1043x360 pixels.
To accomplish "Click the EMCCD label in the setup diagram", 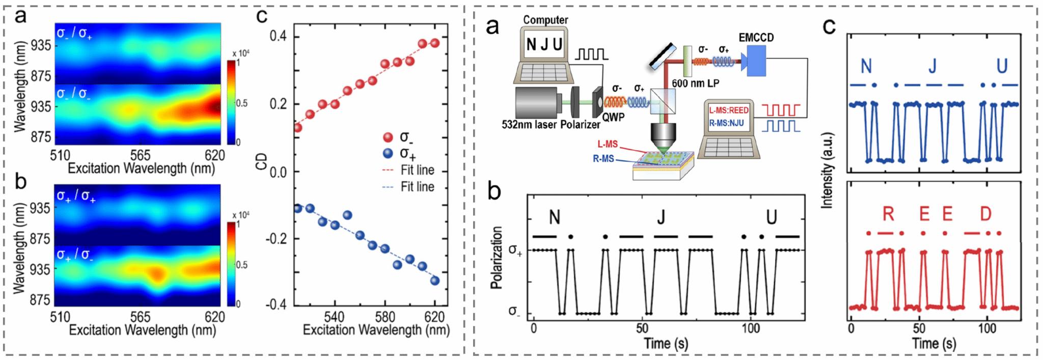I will point(756,38).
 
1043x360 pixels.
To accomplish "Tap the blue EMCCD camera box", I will point(756,61).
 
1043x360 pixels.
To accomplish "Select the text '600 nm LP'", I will point(695,84).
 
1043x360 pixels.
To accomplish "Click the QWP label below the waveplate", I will point(614,117).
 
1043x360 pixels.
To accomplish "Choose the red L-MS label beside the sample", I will point(608,145).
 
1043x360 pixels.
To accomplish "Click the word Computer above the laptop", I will point(545,20).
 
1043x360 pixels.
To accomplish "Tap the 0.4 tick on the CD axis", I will point(278,36).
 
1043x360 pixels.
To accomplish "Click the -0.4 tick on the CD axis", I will point(276,304).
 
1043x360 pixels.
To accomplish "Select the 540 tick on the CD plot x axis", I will point(335,317).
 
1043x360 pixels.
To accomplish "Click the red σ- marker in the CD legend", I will point(388,137).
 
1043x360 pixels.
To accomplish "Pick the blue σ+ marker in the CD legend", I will point(388,153).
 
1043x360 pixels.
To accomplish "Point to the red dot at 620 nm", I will point(434,43).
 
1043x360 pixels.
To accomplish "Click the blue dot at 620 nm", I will point(434,281).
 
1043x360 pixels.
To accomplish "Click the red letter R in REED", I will point(888,214).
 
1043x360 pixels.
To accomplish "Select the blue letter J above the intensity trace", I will point(932,66).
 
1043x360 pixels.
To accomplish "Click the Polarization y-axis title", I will point(497,258).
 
